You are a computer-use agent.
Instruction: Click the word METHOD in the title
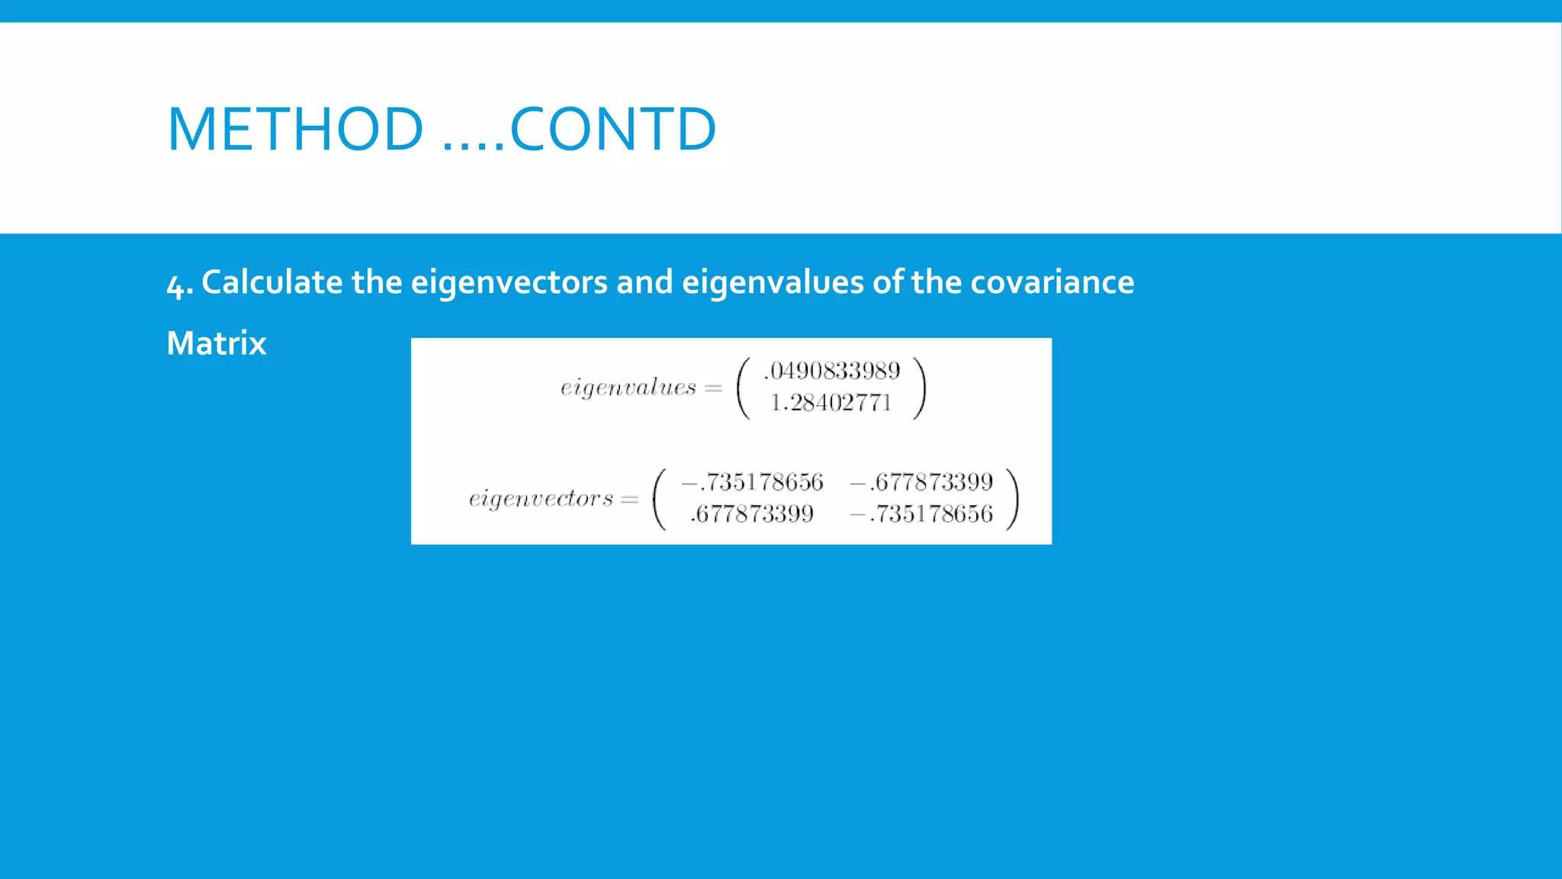click(x=296, y=129)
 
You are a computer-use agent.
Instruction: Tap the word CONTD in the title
click(x=613, y=129)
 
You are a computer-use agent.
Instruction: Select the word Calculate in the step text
click(x=272, y=282)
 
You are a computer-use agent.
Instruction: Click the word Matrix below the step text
click(x=217, y=343)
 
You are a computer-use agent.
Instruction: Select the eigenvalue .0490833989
click(x=832, y=371)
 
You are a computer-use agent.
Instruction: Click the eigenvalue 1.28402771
click(x=831, y=403)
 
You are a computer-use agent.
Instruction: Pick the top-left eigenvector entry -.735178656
click(x=752, y=482)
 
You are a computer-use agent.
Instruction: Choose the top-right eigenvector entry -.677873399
click(x=921, y=482)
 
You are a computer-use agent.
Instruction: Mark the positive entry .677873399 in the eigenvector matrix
click(x=752, y=514)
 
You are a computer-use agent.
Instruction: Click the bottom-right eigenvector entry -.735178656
click(x=921, y=514)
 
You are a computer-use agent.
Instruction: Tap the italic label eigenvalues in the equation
click(x=628, y=388)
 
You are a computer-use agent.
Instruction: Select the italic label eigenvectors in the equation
click(x=541, y=499)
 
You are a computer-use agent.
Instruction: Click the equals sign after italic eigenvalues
click(x=714, y=388)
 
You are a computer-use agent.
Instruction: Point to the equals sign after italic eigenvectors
click(x=629, y=500)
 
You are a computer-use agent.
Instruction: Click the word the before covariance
click(x=936, y=282)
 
